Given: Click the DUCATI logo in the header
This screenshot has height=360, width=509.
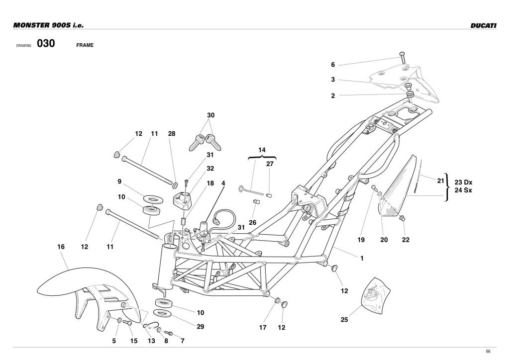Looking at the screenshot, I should [483, 25].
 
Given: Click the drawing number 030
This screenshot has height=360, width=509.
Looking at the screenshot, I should [45, 44].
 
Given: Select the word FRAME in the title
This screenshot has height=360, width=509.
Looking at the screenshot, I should [85, 45].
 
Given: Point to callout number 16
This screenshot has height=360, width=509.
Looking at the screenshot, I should [61, 247].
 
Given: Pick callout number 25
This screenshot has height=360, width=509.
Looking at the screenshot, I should [344, 320].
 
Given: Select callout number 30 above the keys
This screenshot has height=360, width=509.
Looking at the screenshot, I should [211, 115].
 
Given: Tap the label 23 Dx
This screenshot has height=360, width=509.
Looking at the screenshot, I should [463, 182].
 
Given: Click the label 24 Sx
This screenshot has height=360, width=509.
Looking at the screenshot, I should [463, 190].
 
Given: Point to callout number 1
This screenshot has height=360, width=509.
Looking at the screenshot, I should [362, 258].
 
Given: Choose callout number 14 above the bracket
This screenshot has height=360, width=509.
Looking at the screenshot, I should [262, 149].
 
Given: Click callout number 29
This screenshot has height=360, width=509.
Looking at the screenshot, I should [200, 327].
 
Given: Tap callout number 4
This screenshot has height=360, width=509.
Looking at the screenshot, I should [223, 183].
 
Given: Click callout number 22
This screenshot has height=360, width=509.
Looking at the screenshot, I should [406, 240].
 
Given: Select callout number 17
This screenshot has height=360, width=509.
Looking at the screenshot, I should [263, 328].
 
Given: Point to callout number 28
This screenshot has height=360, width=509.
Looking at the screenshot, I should [172, 134].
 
